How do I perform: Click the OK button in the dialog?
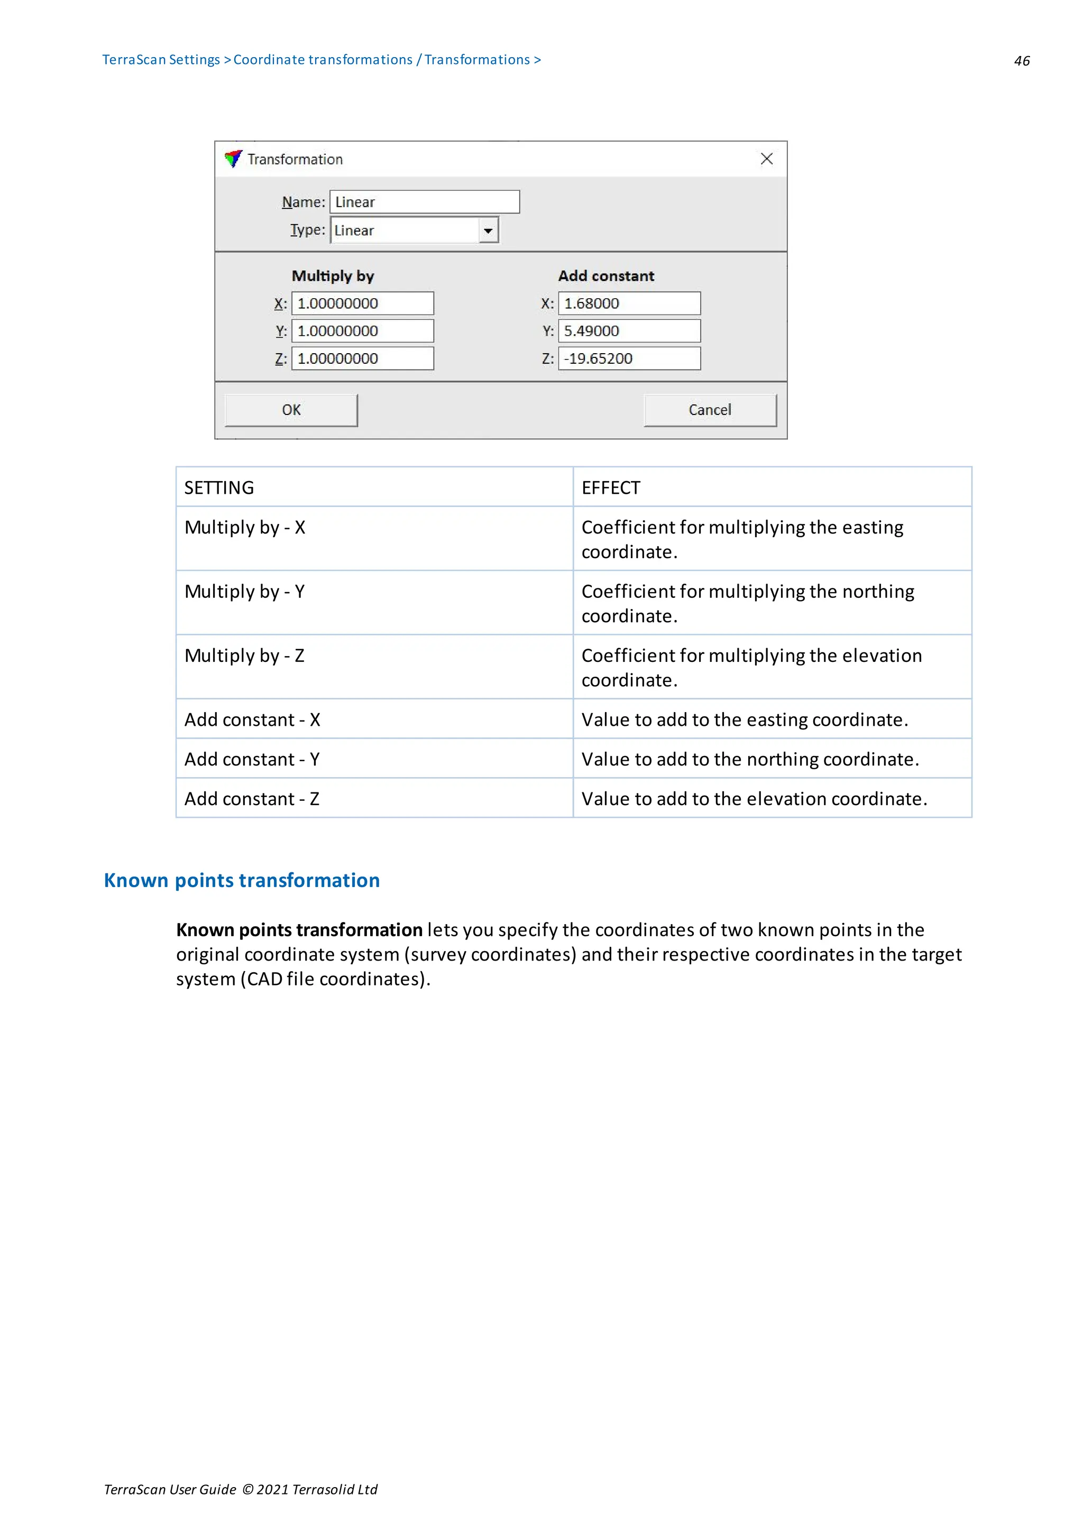click(291, 410)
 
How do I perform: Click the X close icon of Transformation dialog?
click(766, 159)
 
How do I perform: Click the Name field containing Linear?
click(425, 202)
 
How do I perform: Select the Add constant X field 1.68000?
click(629, 303)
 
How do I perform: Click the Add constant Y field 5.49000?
click(629, 331)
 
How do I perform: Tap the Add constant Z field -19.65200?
click(629, 359)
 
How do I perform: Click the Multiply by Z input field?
click(362, 359)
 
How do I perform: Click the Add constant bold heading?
click(606, 276)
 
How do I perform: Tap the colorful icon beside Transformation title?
click(233, 159)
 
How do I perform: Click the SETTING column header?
click(219, 488)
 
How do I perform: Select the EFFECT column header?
click(611, 488)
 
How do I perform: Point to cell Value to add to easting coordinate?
click(744, 720)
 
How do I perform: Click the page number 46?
click(1021, 61)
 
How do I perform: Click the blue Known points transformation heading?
click(242, 880)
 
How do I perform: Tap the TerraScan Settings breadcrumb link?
click(161, 59)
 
